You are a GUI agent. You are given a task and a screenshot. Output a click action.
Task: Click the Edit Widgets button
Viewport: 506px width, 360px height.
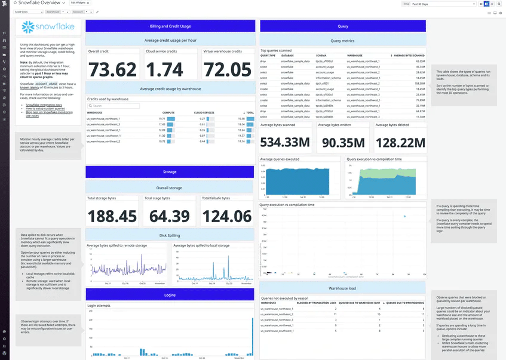(78, 3)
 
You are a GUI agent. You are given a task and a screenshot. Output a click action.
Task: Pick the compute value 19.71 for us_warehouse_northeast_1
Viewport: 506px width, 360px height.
(161, 119)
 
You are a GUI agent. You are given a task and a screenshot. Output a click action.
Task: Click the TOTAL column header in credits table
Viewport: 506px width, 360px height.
(249, 112)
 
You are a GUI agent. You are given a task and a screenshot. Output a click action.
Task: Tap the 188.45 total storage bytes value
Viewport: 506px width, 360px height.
(113, 216)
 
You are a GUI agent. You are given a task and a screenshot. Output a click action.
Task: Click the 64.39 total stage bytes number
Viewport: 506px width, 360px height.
(170, 216)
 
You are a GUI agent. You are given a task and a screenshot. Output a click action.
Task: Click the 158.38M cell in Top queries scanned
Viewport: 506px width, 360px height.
(419, 84)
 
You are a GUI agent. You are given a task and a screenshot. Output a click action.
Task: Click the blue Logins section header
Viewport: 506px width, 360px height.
(170, 295)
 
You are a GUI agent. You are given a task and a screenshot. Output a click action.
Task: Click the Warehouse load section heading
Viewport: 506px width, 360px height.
(343, 288)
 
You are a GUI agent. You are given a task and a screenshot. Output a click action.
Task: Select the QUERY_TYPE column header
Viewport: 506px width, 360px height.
(268, 56)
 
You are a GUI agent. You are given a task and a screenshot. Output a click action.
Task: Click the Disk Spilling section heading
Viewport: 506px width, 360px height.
(170, 235)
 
